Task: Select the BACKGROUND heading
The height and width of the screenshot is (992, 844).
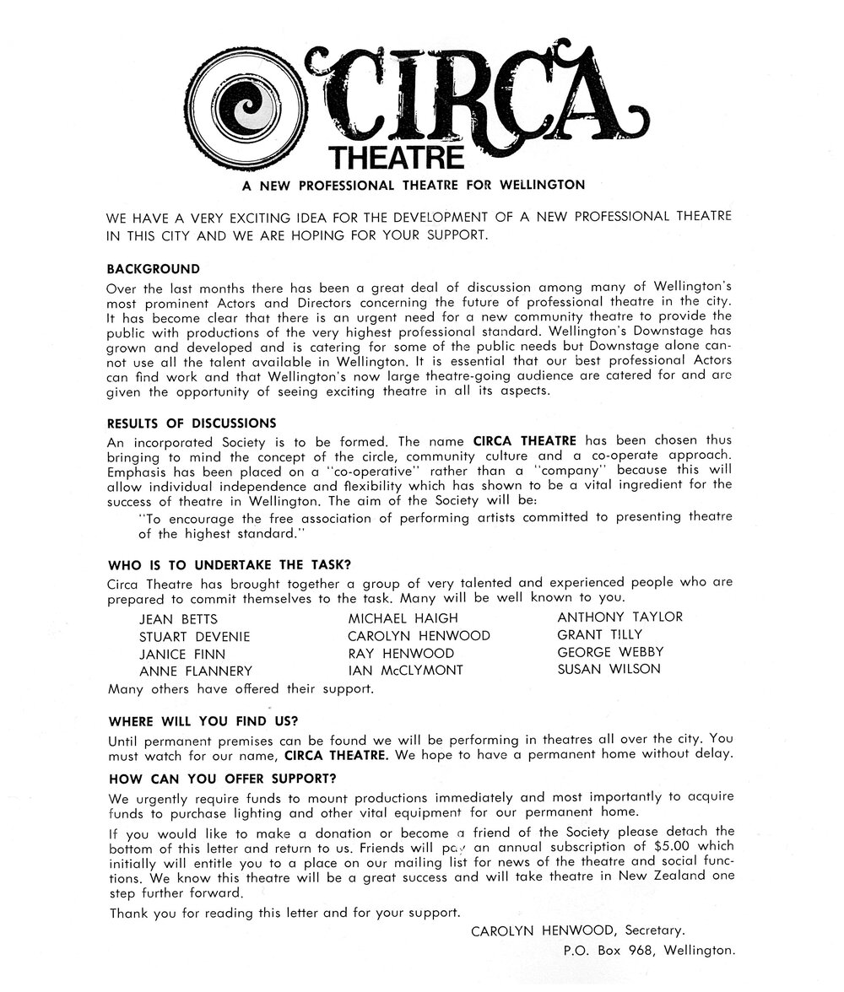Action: click(154, 270)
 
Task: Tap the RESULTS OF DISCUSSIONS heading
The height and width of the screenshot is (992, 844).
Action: click(192, 423)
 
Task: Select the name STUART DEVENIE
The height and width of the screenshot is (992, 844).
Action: click(194, 637)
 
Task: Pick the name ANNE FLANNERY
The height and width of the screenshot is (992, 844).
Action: click(195, 671)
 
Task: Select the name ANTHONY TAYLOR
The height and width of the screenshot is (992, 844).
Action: click(619, 617)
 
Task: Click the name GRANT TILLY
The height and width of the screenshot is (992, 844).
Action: click(599, 634)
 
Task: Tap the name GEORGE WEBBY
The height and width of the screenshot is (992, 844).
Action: click(610, 652)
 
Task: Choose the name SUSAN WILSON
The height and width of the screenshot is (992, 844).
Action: click(609, 670)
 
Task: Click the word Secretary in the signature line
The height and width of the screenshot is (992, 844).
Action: click(652, 931)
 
